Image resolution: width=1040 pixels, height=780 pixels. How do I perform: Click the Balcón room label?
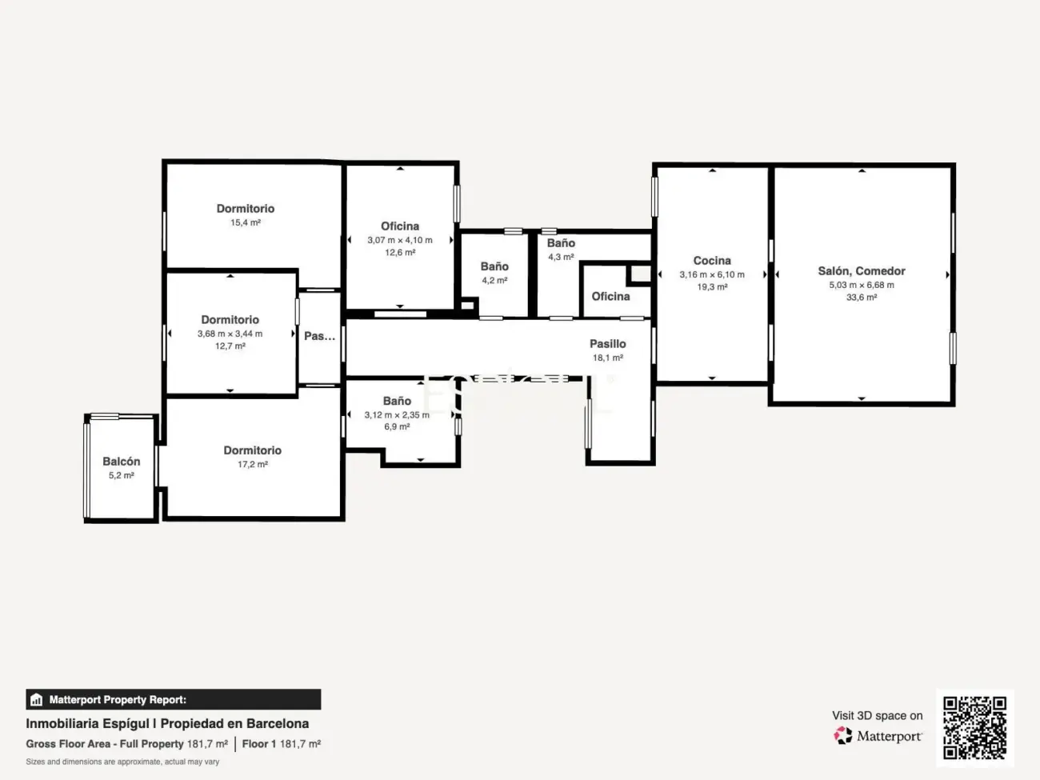[121, 462]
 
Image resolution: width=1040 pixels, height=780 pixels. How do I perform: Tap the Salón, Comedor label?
[861, 271]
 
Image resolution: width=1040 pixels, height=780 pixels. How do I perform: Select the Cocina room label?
[711, 261]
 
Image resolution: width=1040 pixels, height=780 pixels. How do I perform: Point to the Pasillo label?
[607, 344]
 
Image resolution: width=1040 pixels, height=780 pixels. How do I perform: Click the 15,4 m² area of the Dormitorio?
[245, 223]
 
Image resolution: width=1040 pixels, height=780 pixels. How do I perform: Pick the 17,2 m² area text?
[252, 465]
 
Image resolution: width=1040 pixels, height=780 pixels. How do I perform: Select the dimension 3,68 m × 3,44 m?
[230, 334]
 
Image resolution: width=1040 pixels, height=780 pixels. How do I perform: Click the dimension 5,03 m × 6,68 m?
[861, 285]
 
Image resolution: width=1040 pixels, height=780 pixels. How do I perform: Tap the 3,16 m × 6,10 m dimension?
[711, 274]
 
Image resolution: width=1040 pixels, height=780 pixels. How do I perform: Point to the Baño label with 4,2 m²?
[494, 266]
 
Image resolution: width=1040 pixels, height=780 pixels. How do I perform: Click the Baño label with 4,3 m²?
[561, 243]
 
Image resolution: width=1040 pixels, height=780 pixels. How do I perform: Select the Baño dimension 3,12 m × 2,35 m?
[396, 415]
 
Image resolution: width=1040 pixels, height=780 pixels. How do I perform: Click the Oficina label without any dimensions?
[610, 297]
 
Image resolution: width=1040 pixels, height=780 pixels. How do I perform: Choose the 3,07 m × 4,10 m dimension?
[399, 240]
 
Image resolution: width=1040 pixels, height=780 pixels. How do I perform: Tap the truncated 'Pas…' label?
[319, 337]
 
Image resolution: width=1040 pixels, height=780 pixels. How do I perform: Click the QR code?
[974, 728]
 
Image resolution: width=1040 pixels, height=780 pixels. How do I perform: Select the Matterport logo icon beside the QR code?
[843, 736]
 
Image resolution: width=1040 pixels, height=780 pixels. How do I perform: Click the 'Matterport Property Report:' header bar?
[173, 700]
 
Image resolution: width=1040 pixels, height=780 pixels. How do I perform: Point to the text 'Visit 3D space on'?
[877, 716]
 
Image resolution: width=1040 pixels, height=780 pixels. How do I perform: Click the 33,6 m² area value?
[861, 298]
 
